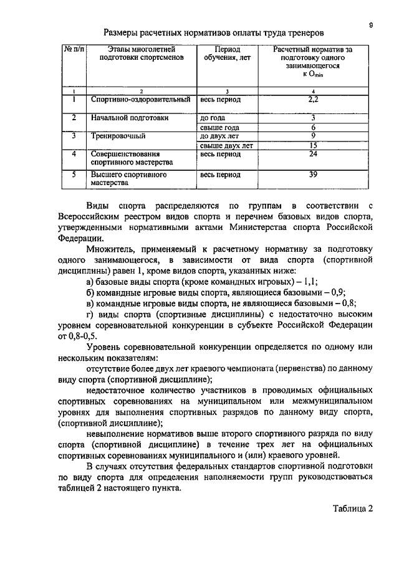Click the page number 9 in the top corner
(x=371, y=24)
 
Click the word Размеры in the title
(x=123, y=31)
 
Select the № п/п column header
(x=74, y=47)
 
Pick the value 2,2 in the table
(x=314, y=98)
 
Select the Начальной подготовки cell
(x=130, y=117)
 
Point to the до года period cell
(x=212, y=117)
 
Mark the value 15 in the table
(x=314, y=145)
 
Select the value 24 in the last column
(x=314, y=153)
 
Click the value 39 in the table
(x=314, y=175)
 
